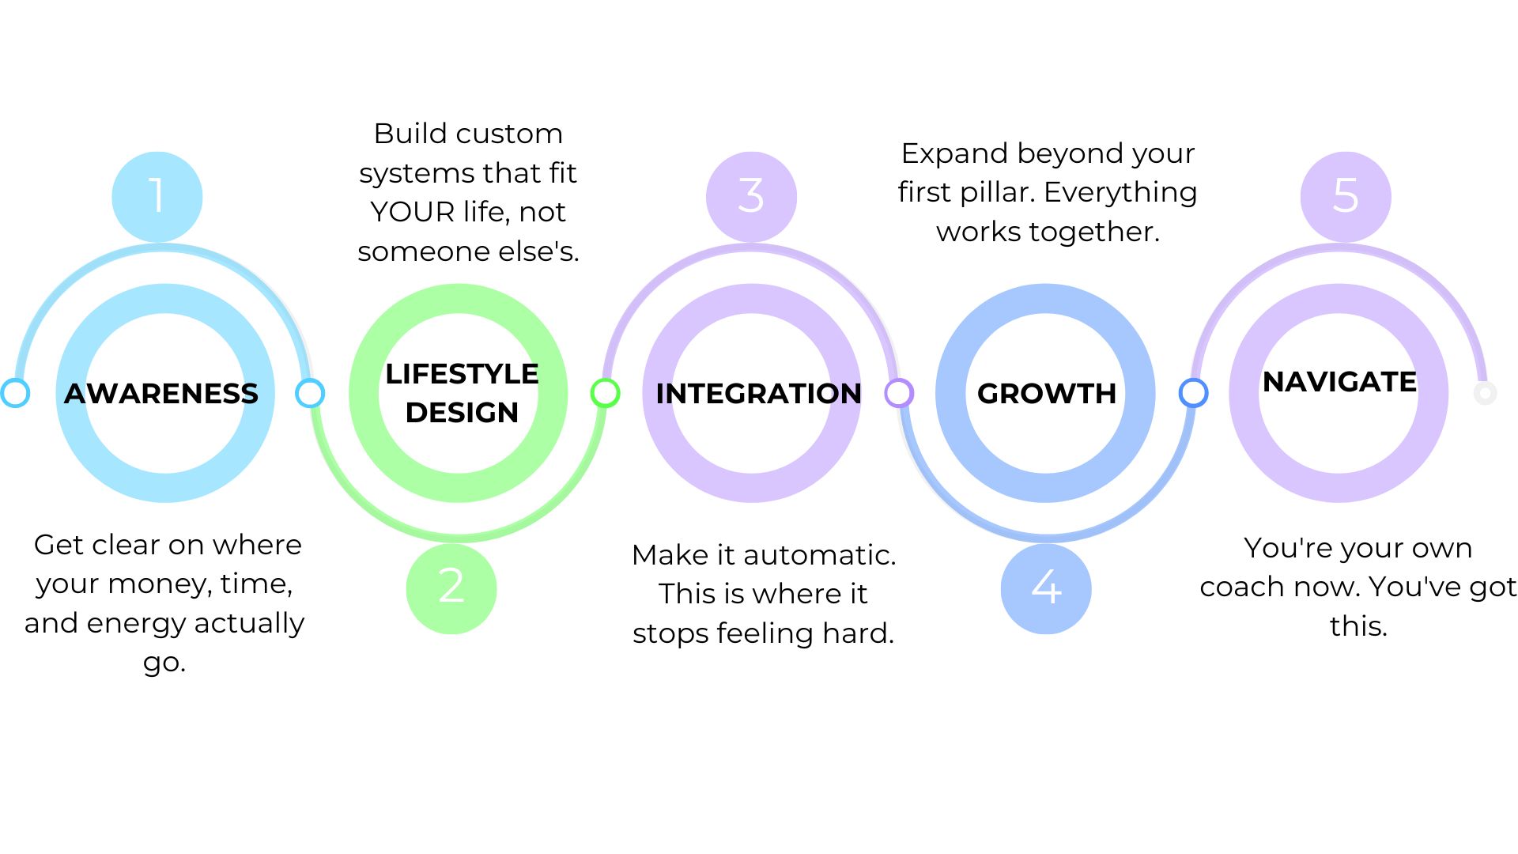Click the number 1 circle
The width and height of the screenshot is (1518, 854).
point(157,196)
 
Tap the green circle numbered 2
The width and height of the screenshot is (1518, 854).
point(451,588)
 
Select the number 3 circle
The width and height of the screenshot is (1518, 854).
point(751,196)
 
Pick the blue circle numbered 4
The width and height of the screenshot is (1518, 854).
point(1046,588)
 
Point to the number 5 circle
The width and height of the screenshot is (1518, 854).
point(1346,196)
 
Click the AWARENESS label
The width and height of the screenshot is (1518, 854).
point(161,393)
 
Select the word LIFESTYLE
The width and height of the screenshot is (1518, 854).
point(462,374)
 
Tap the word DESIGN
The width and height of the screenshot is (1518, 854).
point(462,413)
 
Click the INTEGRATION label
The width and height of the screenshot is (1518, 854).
point(758,393)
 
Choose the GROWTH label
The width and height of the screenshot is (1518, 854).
point(1046,393)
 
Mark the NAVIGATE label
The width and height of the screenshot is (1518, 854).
point(1339,382)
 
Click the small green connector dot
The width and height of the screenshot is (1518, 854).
point(605,393)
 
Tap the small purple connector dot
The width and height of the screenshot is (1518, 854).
point(899,393)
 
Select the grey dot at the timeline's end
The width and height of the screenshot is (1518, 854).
point(1485,393)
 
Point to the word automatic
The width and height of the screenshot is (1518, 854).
point(819,555)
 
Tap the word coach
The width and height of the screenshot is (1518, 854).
point(1240,587)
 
